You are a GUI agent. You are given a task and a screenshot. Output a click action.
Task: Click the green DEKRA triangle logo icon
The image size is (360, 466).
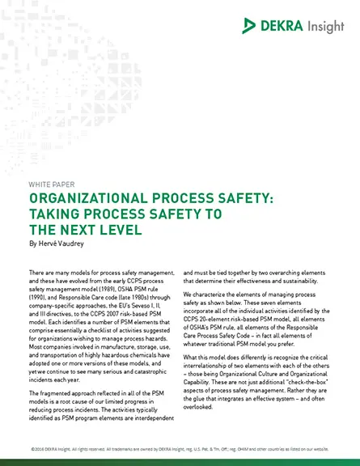pyautogui.click(x=250, y=26)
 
